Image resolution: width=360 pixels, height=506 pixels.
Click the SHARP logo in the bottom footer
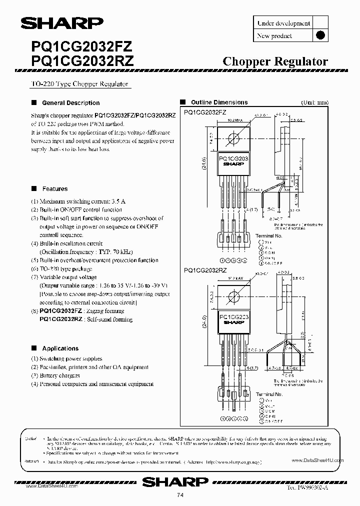tap(175, 482)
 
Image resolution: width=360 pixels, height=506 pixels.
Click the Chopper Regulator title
tap(274, 61)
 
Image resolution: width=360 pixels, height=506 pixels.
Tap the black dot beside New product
tap(321, 35)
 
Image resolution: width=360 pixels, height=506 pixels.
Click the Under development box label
tap(283, 23)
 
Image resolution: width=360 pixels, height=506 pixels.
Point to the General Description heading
tap(70, 103)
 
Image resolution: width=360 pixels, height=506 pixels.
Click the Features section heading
tap(54, 189)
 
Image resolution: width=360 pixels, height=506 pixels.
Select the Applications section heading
tap(60, 348)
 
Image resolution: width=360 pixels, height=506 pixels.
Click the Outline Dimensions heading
tap(219, 102)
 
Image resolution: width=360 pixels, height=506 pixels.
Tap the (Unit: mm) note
tap(313, 102)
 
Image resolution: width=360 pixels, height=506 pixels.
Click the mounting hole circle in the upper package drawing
tap(233, 138)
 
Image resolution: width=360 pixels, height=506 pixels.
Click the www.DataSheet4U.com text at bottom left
tap(50, 485)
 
